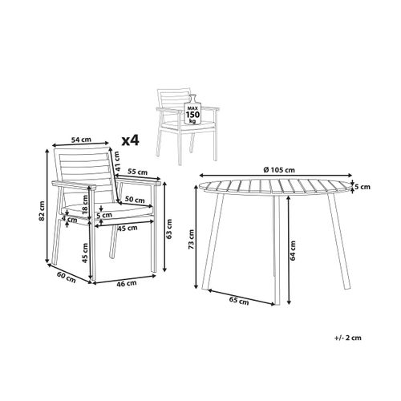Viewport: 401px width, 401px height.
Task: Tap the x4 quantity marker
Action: [x=129, y=140]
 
